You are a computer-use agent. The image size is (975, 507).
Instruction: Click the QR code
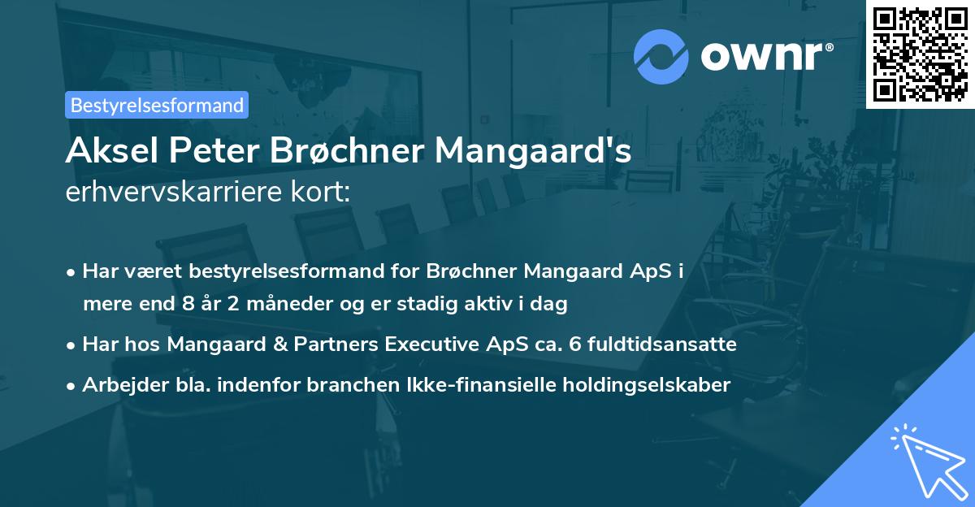tap(920, 54)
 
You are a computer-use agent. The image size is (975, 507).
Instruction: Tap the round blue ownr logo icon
tap(661, 57)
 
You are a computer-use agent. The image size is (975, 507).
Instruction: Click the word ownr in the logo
tap(765, 57)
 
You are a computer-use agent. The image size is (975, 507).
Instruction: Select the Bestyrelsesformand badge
tap(156, 105)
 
